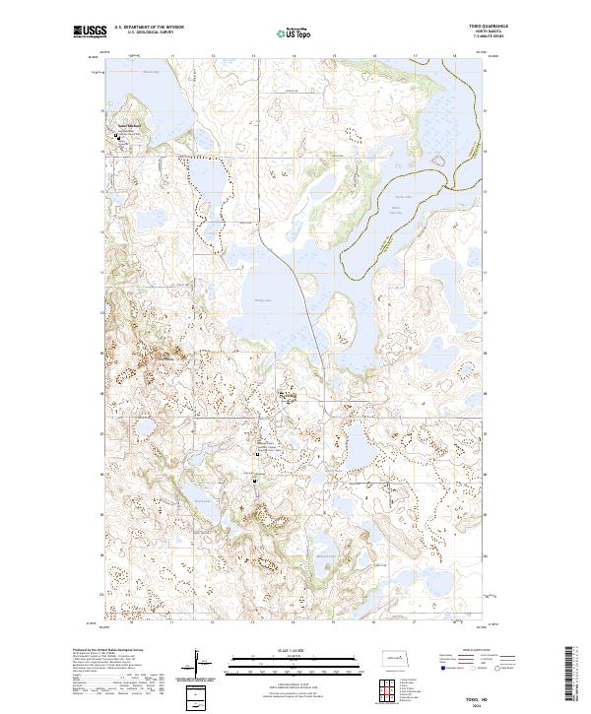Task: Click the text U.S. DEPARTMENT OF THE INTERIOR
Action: coord(149,28)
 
